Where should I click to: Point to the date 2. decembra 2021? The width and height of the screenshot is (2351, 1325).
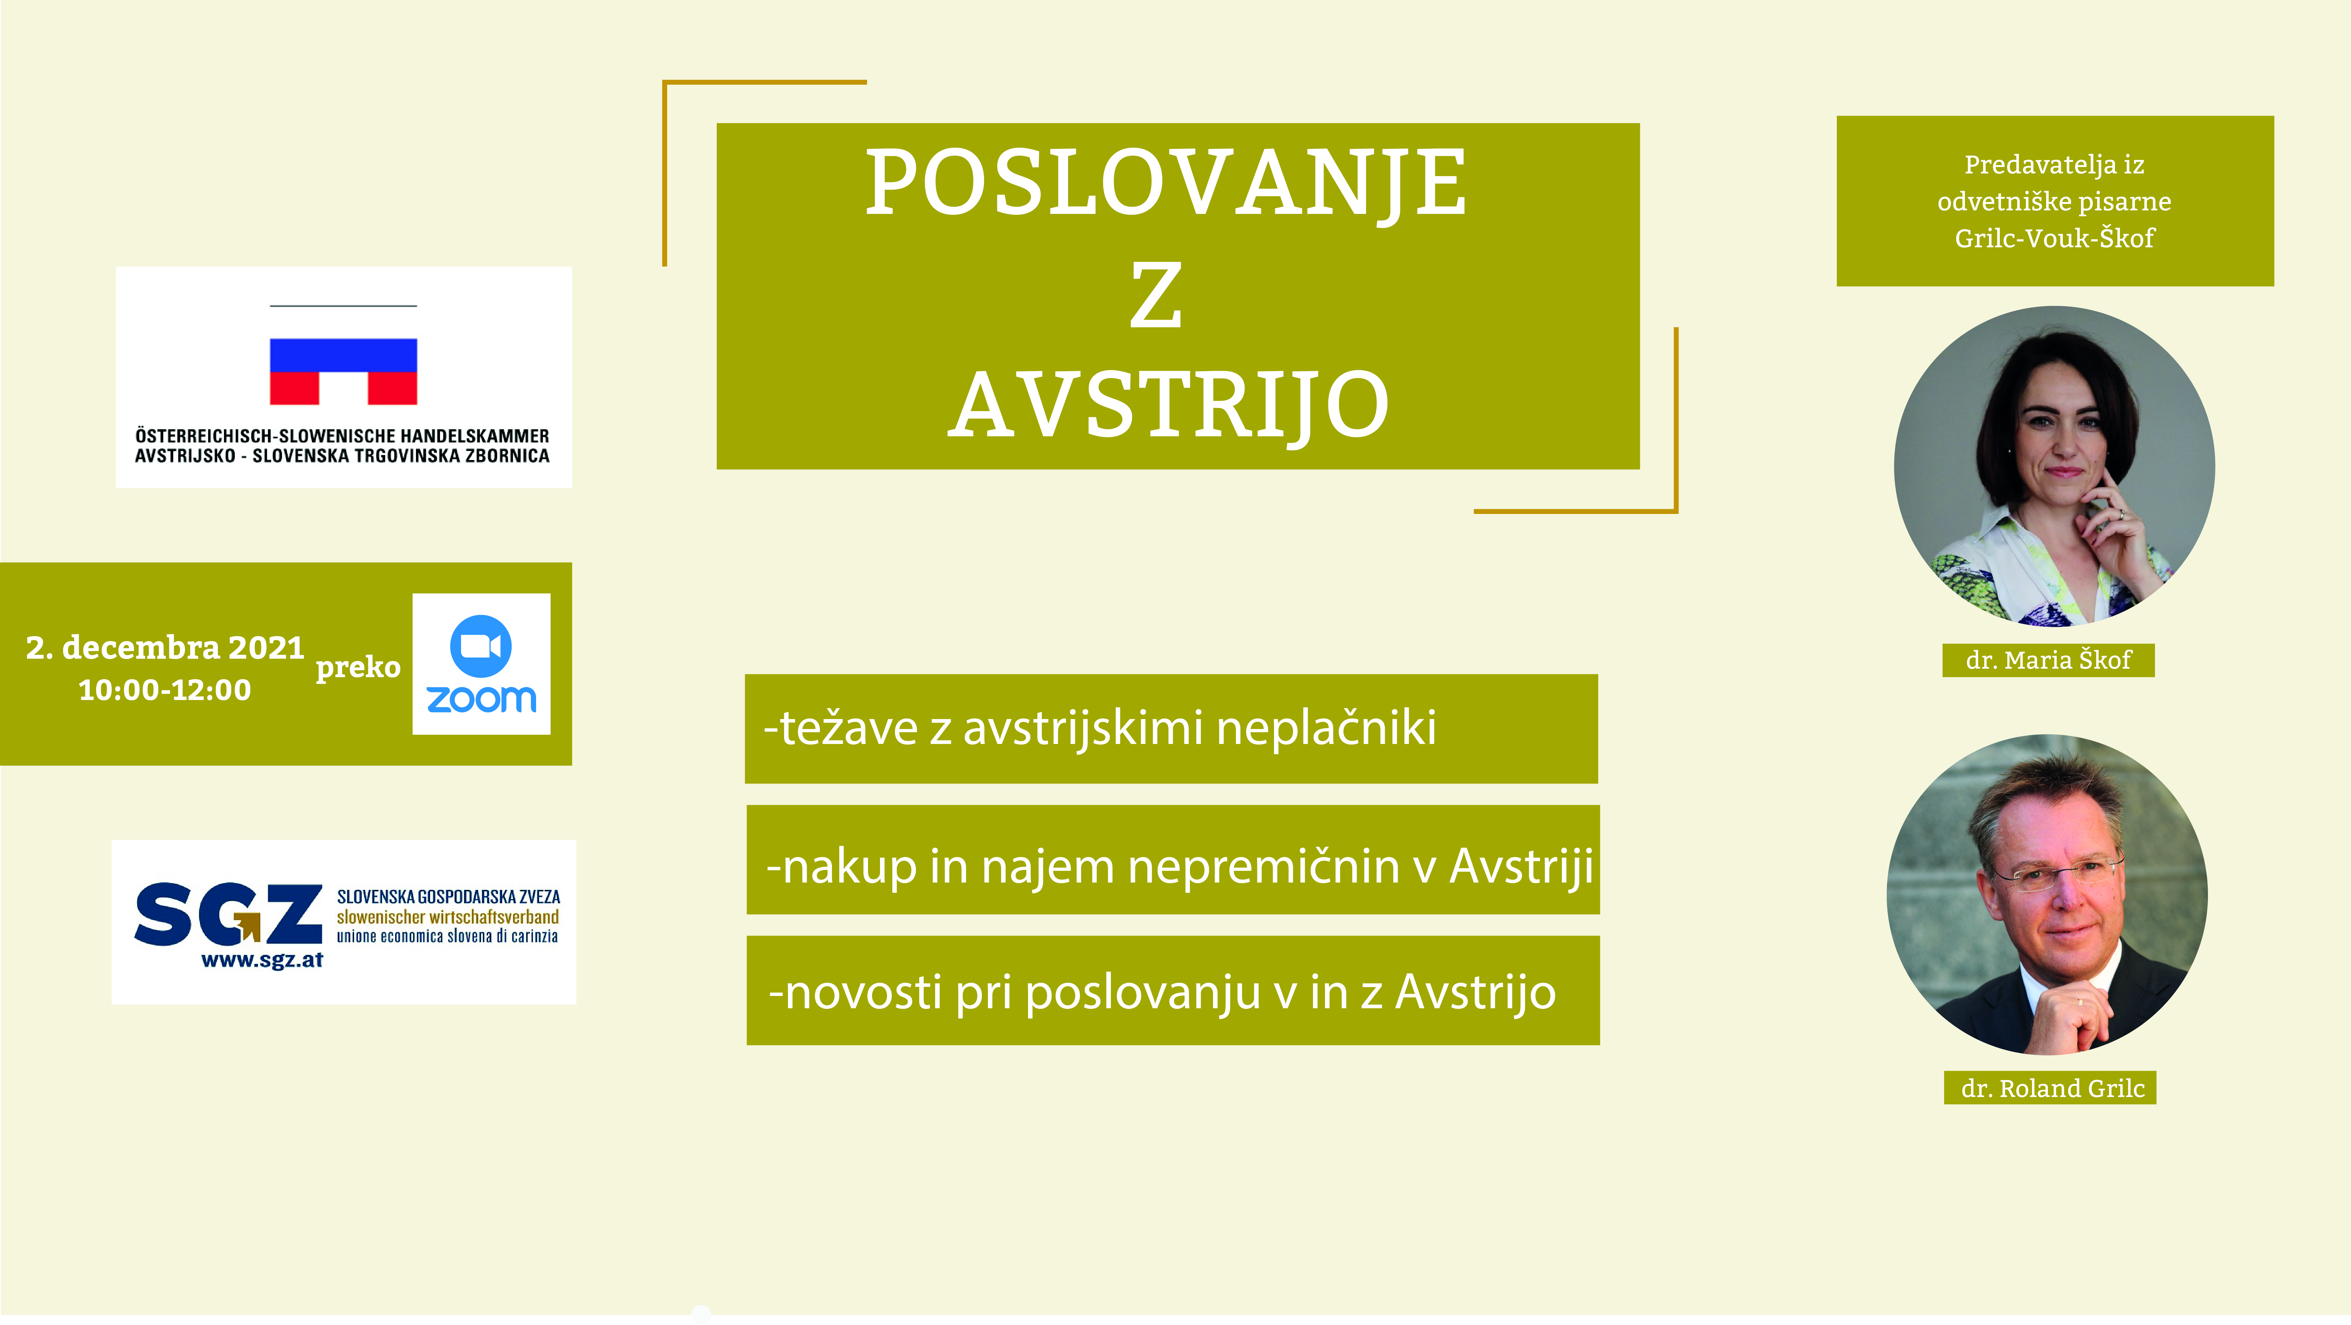(165, 647)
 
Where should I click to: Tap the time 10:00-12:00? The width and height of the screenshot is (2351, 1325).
(165, 690)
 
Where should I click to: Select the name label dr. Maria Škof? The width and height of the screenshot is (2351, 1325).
(2048, 660)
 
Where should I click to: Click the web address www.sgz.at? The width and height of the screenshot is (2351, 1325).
(262, 960)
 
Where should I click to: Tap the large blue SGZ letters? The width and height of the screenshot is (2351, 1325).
(228, 913)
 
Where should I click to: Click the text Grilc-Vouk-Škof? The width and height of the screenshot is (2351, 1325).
(2054, 238)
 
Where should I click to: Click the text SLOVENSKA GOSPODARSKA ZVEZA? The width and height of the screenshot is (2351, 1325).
(448, 897)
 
